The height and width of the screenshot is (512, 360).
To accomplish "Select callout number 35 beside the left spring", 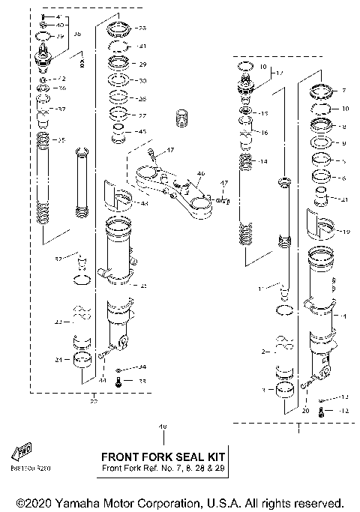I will (x=61, y=140).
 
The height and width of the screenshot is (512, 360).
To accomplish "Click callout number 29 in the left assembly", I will (x=142, y=64).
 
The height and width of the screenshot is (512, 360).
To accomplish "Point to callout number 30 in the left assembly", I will (x=142, y=81).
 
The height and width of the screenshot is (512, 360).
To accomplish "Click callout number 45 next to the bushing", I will (x=142, y=131).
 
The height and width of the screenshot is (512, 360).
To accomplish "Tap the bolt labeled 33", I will (x=119, y=382).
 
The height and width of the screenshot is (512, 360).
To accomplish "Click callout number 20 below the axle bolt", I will (x=305, y=411).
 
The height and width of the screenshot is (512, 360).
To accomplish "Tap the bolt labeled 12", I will (x=322, y=412).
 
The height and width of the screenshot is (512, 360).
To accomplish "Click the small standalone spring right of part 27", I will (x=179, y=118).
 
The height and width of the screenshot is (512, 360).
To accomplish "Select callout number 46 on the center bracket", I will (x=199, y=173).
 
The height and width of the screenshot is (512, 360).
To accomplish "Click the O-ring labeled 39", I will (x=45, y=35).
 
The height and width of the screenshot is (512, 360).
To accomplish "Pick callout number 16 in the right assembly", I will (x=263, y=131).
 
